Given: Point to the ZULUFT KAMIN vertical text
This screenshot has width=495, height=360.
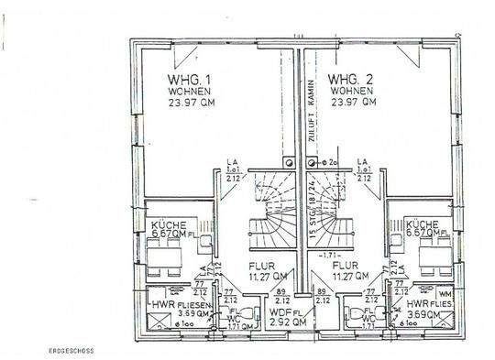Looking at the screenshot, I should tap(312, 110).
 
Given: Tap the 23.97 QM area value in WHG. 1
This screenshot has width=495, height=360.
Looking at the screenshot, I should tap(188, 104).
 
